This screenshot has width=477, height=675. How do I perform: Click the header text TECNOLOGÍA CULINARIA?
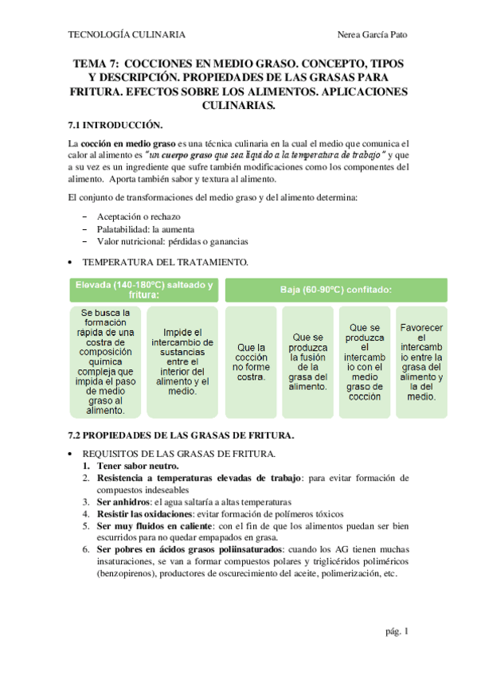(127, 35)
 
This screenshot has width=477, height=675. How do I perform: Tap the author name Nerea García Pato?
(373, 35)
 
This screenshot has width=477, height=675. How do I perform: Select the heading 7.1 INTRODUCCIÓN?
(115, 125)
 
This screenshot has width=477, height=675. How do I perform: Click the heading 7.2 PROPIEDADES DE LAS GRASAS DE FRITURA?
(182, 435)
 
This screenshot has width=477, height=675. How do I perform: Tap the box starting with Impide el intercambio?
(183, 361)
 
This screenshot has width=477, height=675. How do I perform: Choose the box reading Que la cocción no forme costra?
(251, 361)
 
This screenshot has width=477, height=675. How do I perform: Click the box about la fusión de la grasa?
(307, 361)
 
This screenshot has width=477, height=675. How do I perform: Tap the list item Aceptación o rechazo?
(139, 217)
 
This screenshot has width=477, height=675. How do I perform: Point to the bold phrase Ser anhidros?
(123, 502)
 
